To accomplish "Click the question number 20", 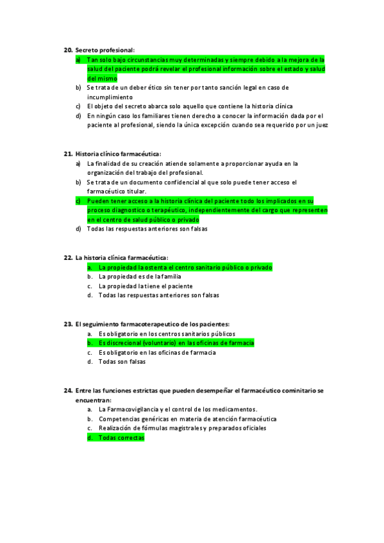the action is [68, 50].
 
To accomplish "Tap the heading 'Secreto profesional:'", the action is [104, 50].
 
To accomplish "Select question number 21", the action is [68, 154].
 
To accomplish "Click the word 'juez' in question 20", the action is [322, 126].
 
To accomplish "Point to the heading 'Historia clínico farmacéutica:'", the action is [118, 154].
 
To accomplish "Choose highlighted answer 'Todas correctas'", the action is [121, 437].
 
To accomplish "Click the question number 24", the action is [68, 390].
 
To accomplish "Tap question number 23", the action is [68, 324].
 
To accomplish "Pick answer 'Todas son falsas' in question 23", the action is [122, 362].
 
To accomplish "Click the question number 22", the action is [68, 257].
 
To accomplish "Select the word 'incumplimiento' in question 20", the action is [109, 97].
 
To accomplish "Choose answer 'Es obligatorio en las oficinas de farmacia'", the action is [157, 352].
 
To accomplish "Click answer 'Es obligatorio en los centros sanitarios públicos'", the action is [167, 334].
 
